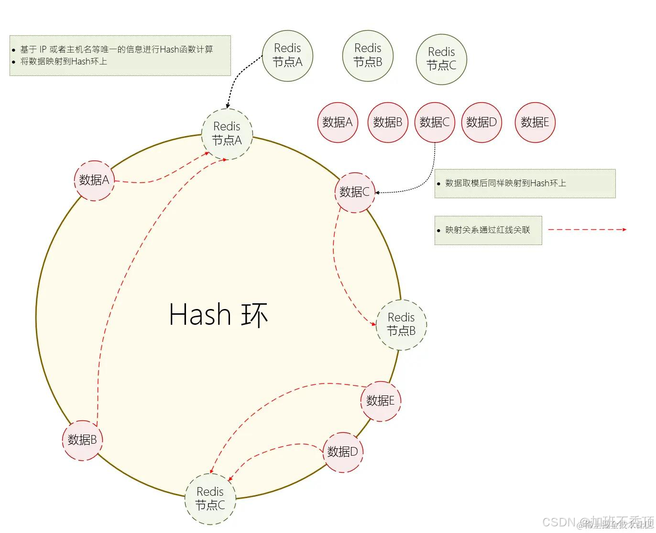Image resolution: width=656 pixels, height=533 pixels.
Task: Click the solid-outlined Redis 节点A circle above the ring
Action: point(287,55)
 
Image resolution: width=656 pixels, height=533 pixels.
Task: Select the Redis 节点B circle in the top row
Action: point(368,55)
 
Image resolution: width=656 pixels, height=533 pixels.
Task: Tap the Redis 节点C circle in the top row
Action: point(441,59)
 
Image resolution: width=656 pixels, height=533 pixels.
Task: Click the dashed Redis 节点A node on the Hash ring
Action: point(227,134)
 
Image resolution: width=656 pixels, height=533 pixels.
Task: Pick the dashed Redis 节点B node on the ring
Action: point(401,324)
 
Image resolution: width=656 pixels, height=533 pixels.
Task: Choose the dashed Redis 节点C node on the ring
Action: point(210,499)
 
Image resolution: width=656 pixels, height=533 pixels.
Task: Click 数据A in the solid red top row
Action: point(338,122)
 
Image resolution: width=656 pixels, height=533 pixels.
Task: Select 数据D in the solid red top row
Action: point(481,122)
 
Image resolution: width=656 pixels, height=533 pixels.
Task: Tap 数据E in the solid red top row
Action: point(535,122)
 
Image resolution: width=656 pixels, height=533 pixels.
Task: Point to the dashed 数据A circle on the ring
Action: point(94,180)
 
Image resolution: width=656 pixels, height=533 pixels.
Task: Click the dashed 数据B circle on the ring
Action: point(82,440)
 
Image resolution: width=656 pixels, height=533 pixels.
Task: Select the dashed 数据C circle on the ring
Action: point(354,192)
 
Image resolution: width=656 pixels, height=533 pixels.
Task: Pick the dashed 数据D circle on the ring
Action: point(343,452)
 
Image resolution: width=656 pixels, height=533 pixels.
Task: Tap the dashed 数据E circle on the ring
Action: point(381,401)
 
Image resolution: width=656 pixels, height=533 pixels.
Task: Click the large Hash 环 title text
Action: point(219,315)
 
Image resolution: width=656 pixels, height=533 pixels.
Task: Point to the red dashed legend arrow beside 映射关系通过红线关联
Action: point(587,230)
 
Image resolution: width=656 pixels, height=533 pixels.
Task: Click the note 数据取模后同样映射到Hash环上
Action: point(505,183)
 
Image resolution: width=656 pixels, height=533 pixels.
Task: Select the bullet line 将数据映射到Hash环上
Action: point(64,62)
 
